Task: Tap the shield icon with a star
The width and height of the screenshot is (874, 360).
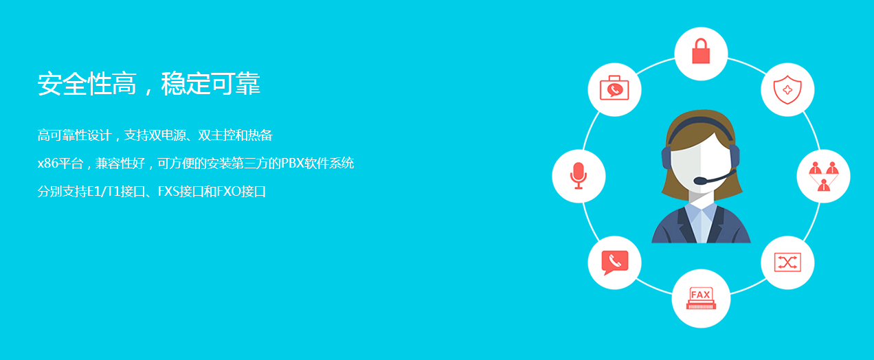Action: pos(787,90)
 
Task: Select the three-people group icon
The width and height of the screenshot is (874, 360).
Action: pos(824,177)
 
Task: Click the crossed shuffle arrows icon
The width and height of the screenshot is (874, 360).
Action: pos(787,262)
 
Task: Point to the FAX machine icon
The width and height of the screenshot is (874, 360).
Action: pos(701,298)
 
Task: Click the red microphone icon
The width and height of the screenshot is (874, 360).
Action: pos(579,176)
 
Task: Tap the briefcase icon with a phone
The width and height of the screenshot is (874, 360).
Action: pos(614,88)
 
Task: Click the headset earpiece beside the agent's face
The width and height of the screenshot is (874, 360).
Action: pos(666,158)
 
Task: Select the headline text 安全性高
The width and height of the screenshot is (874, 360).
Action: pos(87,83)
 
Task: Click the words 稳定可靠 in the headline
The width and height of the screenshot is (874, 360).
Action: pos(211,83)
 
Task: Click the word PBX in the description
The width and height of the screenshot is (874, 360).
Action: pos(293,163)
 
